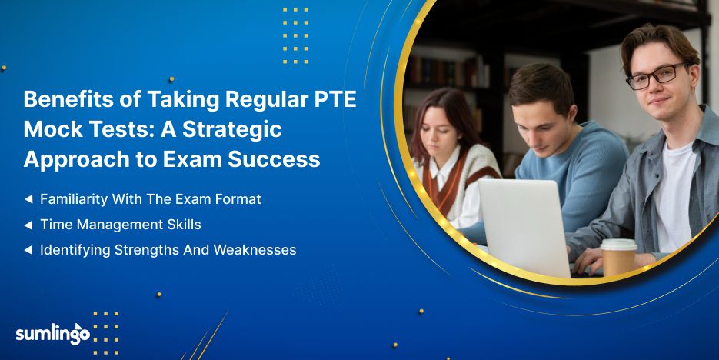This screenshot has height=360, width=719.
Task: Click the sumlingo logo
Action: point(53,333)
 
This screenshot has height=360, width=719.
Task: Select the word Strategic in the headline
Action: point(232,129)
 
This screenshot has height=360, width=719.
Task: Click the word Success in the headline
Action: point(274,159)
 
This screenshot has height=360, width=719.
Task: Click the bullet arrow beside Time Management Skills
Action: point(28,225)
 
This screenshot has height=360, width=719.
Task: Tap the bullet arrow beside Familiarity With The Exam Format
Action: point(28,199)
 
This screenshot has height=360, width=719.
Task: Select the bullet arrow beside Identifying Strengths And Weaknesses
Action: point(28,250)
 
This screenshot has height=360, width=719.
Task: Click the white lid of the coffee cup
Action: point(618,244)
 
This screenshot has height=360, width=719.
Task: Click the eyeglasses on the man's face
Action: point(657,75)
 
